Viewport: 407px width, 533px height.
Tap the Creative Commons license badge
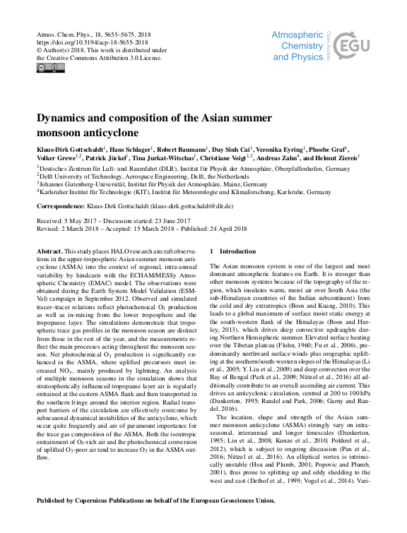(50, 68)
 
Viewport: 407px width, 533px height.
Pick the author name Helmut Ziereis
(335, 159)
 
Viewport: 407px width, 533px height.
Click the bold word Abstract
(50, 251)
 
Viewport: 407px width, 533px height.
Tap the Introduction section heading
(239, 251)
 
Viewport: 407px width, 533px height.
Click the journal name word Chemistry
(302, 44)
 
